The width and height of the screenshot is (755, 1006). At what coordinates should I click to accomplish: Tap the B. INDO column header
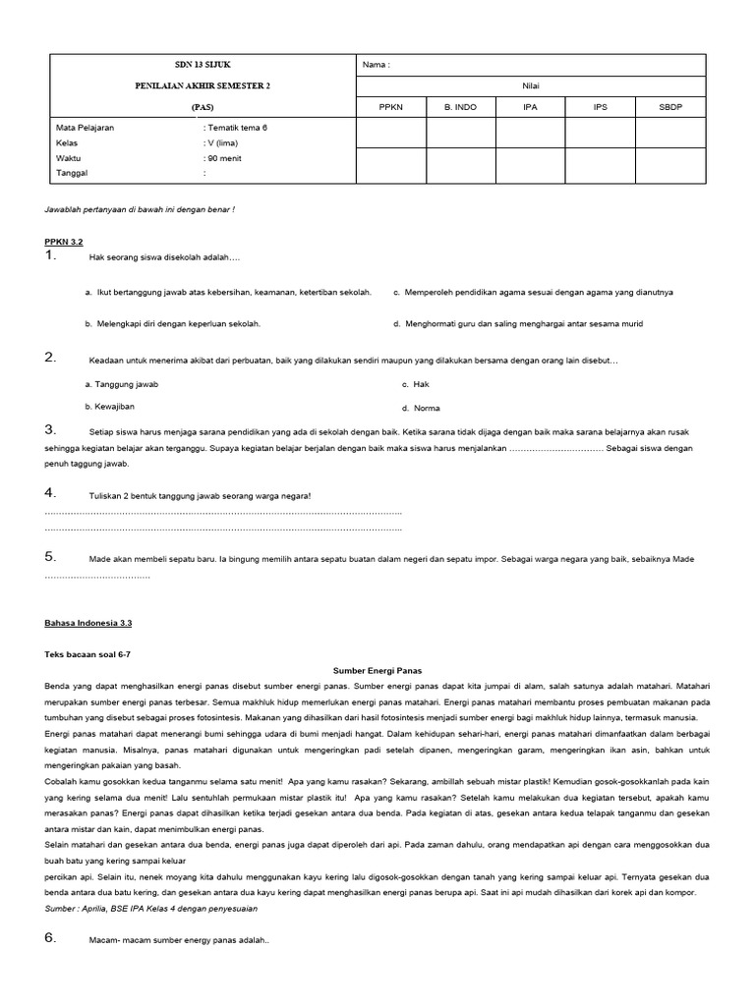[x=459, y=107]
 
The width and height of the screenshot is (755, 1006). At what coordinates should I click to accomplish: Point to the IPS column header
[x=600, y=107]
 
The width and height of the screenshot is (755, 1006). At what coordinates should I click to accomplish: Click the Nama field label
[x=377, y=65]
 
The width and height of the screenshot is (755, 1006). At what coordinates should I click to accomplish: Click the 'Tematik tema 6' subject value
[x=235, y=128]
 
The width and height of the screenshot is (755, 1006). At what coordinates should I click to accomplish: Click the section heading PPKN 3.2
[x=65, y=241]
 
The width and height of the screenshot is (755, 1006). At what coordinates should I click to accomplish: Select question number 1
[x=50, y=256]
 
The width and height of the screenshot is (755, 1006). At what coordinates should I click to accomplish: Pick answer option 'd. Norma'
[x=421, y=408]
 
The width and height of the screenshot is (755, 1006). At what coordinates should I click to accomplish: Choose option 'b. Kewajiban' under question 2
[x=110, y=406]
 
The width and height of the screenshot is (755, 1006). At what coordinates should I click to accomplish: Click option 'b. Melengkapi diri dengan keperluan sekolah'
[x=173, y=323]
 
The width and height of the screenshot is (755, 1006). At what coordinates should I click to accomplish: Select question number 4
[x=50, y=492]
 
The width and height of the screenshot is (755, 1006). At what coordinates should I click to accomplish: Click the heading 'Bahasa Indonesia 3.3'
[x=88, y=623]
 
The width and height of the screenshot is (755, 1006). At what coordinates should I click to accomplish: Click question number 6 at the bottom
[x=50, y=938]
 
